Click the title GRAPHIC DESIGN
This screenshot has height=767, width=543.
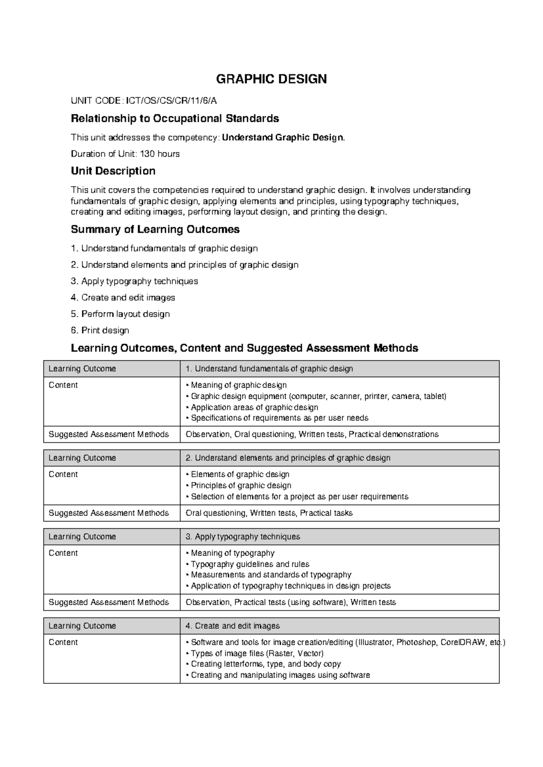coord(271,79)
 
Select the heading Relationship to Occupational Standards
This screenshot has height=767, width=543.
coord(175,119)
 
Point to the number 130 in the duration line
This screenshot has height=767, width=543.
coord(147,154)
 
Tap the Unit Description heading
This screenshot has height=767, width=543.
coord(113,171)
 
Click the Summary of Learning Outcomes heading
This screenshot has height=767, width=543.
coord(155,230)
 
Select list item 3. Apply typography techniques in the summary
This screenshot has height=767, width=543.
coord(134,281)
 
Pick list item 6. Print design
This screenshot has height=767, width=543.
coord(100,331)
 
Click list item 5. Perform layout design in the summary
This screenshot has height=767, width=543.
coord(120,314)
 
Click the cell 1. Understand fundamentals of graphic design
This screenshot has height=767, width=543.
coord(269,369)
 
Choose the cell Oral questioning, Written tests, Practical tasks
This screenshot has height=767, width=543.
coord(269,513)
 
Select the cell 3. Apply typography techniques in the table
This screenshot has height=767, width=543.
coord(243,537)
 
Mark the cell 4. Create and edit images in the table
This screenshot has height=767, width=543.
coord(233,626)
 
